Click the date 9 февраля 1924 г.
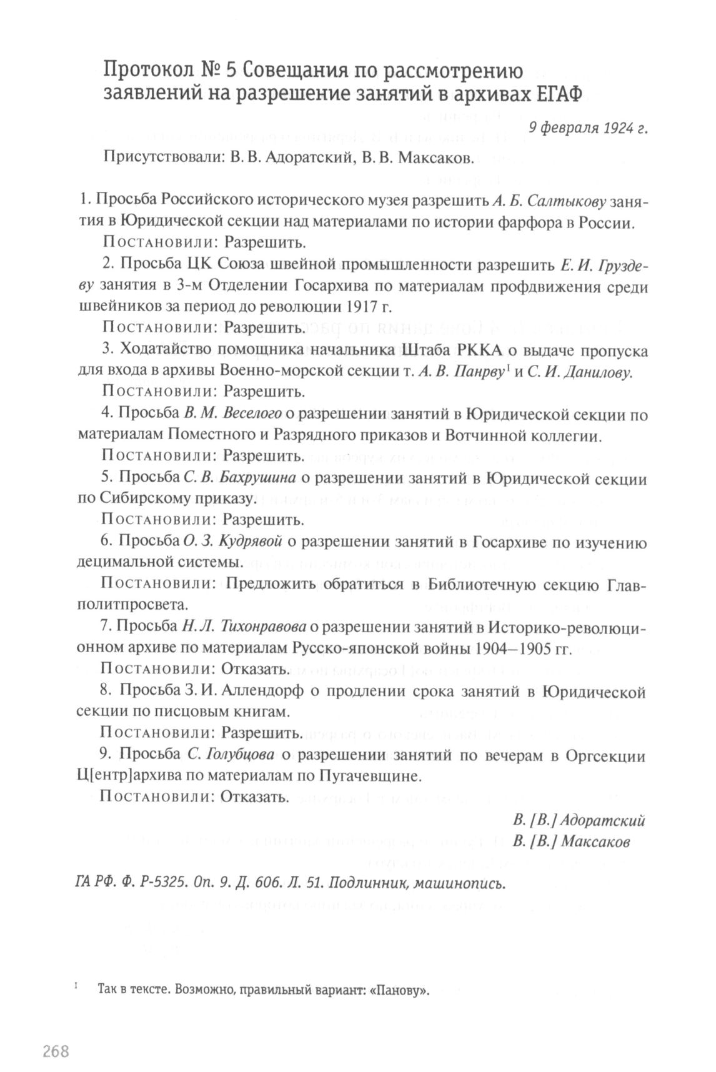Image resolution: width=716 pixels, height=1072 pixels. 587,128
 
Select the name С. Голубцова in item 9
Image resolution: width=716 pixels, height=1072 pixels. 231,755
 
